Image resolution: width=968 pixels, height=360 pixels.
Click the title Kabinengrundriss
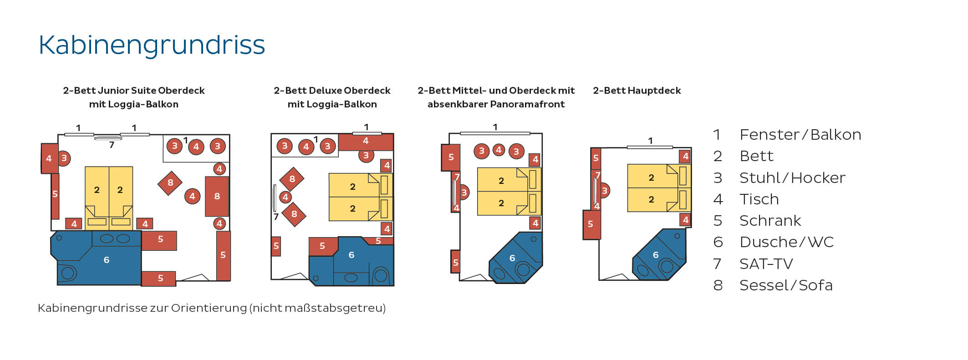point(152,45)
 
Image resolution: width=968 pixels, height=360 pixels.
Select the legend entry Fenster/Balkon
point(800,135)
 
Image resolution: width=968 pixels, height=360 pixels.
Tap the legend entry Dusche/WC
point(786,242)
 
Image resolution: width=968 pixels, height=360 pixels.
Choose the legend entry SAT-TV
point(766,264)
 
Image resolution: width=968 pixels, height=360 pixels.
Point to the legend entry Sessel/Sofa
point(785,285)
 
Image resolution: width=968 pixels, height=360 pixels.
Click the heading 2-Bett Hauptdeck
point(637,91)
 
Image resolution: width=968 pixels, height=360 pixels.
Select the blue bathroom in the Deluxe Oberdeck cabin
point(352,262)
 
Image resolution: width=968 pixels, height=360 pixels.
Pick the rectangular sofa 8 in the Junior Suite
point(217,196)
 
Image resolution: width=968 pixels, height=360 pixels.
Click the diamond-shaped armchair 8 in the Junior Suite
point(170,183)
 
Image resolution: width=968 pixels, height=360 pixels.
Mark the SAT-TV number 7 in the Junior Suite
point(112,145)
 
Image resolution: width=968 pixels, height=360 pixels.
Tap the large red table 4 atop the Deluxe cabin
point(366,142)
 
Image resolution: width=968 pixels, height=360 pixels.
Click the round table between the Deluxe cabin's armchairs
point(285,197)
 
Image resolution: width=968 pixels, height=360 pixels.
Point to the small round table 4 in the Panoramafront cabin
point(499,150)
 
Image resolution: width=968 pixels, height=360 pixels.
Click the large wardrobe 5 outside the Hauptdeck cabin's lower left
point(591,224)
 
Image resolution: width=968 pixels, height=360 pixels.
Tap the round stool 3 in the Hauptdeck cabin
point(604,191)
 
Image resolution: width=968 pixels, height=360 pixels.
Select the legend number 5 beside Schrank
point(718,221)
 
